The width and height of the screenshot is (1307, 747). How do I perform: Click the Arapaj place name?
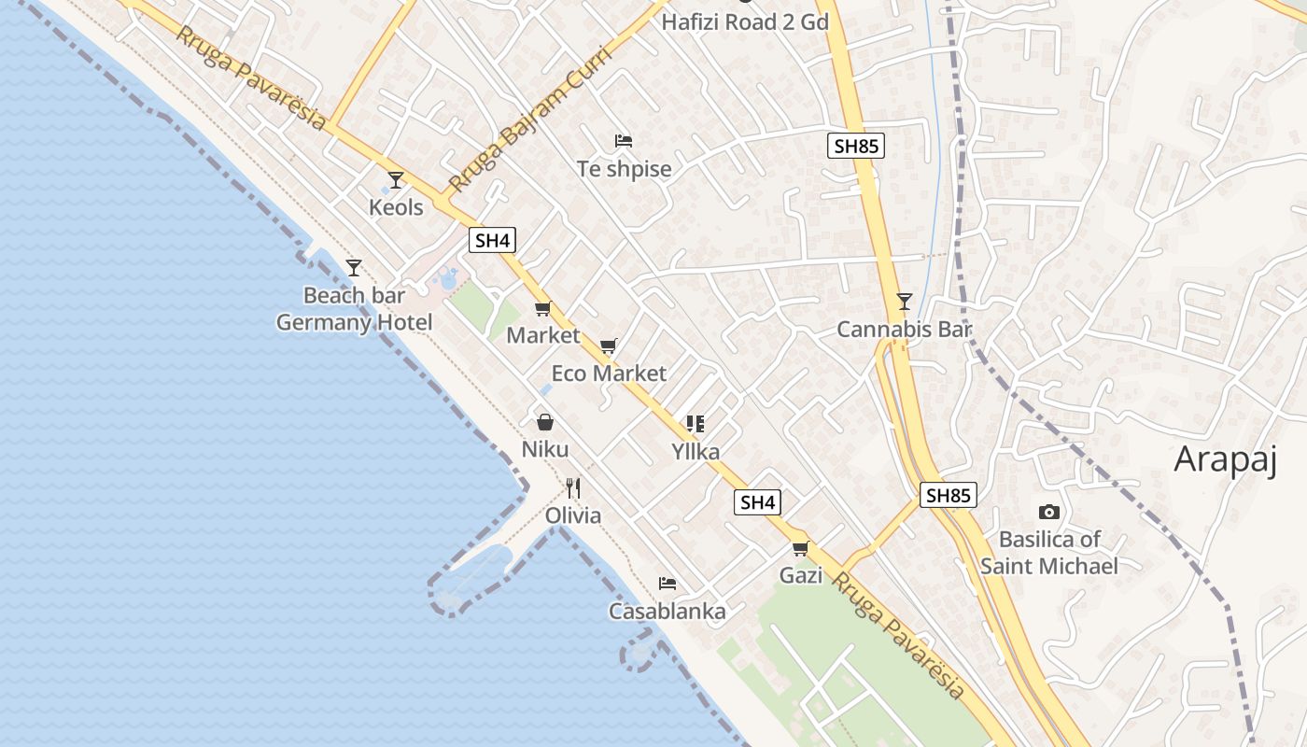click(1225, 459)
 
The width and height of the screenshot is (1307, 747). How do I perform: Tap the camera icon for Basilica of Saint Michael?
click(1048, 512)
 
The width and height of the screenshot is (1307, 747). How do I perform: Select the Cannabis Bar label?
click(904, 329)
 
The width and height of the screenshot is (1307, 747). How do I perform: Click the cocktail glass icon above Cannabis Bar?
click(904, 301)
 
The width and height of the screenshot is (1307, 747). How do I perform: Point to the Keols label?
click(396, 207)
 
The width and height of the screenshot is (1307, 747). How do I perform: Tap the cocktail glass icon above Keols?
click(396, 179)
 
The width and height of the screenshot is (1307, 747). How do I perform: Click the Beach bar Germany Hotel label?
click(354, 309)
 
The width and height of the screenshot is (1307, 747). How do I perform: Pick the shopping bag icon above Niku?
click(545, 422)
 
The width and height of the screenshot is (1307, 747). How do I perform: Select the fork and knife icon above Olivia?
click(573, 487)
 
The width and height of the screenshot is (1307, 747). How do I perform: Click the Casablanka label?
click(667, 612)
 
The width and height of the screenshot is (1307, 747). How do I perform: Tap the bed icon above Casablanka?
click(667, 584)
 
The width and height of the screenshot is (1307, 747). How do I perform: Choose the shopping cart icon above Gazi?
click(800, 548)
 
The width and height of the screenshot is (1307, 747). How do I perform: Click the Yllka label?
click(696, 452)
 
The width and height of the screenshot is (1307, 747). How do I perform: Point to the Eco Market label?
click(609, 373)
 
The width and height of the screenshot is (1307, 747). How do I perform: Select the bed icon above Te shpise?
click(624, 141)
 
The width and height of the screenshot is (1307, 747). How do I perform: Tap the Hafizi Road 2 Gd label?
click(745, 21)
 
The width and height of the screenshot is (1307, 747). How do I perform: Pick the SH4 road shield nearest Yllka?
click(757, 502)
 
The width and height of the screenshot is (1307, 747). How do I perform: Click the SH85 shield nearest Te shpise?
click(855, 146)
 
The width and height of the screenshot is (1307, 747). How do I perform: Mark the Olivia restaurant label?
click(573, 515)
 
